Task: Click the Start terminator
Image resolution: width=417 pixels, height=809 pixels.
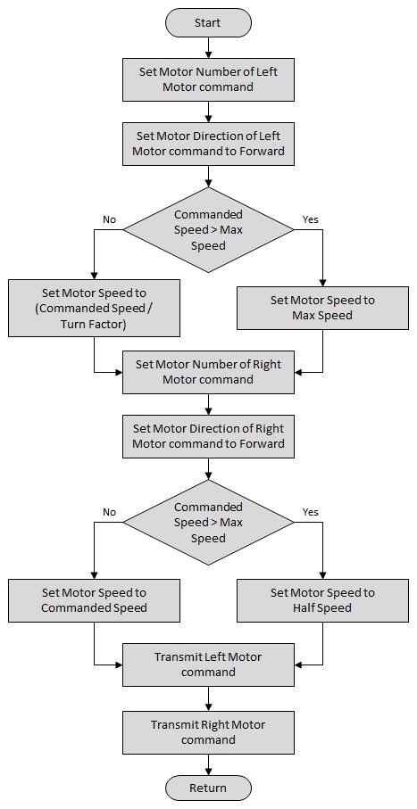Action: [208, 22]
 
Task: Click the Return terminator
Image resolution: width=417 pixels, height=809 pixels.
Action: [208, 788]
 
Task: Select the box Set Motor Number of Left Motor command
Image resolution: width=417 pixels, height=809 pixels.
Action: [208, 79]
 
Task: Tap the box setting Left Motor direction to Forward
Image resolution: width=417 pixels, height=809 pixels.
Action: [208, 144]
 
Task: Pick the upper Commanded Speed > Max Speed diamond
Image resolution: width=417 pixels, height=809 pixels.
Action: [208, 229]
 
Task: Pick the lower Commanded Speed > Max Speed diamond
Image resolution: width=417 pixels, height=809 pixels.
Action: [208, 522]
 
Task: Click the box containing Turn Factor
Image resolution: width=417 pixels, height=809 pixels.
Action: [94, 308]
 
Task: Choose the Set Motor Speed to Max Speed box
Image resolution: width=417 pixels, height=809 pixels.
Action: [322, 308]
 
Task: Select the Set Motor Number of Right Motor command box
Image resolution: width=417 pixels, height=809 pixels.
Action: [208, 372]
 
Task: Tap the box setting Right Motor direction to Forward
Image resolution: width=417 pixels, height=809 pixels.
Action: [208, 436]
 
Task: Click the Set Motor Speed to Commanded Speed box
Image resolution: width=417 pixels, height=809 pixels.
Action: [94, 600]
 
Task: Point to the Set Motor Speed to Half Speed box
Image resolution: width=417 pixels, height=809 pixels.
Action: [322, 600]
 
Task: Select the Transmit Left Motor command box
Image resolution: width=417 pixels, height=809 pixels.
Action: [208, 665]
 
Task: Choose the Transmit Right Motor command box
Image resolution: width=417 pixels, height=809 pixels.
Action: [208, 732]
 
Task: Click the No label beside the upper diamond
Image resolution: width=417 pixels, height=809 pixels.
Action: [109, 219]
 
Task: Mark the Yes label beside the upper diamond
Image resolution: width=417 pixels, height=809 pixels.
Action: [310, 219]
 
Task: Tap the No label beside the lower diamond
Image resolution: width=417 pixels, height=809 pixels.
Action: [109, 512]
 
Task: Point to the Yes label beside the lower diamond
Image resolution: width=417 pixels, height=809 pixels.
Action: [310, 512]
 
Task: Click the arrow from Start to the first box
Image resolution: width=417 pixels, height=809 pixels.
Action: [208, 47]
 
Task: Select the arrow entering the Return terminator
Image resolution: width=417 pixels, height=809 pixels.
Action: [208, 764]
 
